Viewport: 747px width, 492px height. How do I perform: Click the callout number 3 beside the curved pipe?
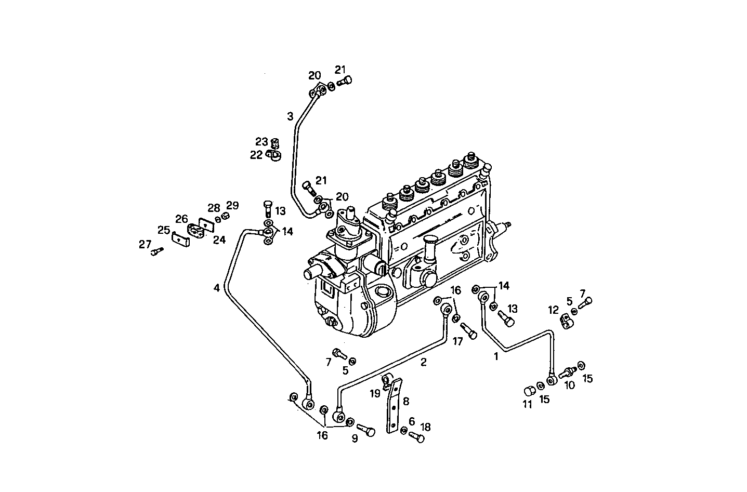tap(290, 116)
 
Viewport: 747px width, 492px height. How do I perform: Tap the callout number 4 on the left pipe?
tap(216, 287)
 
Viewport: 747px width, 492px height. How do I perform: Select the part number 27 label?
tap(145, 244)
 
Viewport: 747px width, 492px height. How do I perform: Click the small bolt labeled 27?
tap(158, 251)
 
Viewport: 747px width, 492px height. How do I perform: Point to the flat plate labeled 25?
tap(180, 240)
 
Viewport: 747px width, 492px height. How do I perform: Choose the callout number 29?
tap(232, 205)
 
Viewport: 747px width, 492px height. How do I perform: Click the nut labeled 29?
tap(226, 216)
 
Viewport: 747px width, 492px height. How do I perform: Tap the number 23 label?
tap(261, 141)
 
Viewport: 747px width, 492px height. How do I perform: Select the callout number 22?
tap(256, 155)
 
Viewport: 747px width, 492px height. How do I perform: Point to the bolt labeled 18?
tap(417, 437)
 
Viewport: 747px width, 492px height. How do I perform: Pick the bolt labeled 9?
tap(367, 431)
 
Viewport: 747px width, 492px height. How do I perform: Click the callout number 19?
tap(375, 393)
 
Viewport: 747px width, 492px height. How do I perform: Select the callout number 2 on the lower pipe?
tap(423, 362)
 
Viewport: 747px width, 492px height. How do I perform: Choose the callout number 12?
tap(553, 310)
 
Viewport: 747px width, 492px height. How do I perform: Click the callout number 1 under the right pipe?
tap(496, 356)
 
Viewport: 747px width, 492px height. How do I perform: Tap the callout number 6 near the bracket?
tap(412, 421)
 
